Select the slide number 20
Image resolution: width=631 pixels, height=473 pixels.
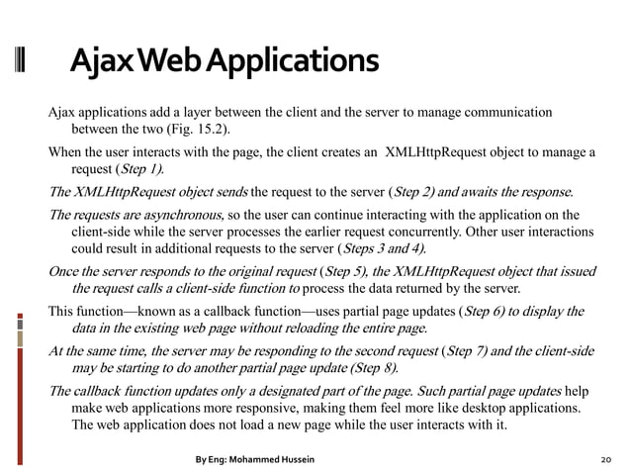point(606,460)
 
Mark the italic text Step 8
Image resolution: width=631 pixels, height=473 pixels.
point(367,368)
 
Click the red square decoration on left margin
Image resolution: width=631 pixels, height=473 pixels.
point(19,322)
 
